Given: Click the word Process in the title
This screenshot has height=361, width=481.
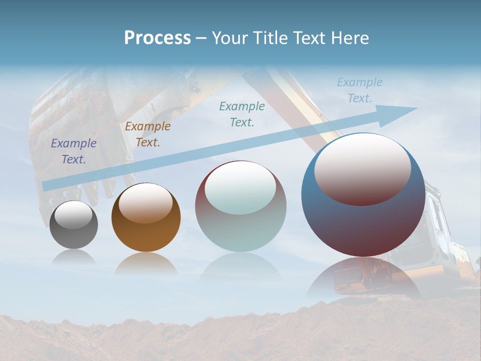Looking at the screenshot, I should (157, 38).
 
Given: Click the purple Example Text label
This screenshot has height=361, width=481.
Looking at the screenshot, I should (74, 151).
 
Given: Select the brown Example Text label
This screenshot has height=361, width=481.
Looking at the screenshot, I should (148, 134).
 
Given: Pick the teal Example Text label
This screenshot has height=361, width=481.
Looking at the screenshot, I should (242, 114).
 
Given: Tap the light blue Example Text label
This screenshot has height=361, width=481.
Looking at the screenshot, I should (360, 90).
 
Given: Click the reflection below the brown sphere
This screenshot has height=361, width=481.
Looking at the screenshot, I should (146, 264).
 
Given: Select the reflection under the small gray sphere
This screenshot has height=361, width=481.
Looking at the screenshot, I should (74, 257).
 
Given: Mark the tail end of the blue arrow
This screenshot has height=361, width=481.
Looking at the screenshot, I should (46, 186).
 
